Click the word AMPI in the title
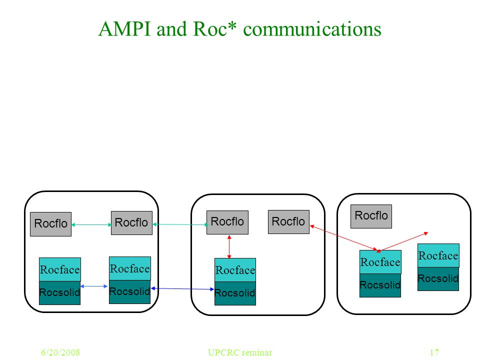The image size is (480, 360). point(125,29)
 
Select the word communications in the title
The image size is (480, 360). point(312,29)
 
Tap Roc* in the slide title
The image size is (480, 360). point(215,29)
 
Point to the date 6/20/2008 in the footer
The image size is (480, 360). point(60,352)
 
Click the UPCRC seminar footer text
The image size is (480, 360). point(239,352)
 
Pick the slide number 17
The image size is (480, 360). point(434,352)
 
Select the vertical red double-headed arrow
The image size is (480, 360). point(229,246)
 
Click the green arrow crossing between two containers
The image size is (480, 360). point(180,224)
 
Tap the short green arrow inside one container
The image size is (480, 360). point(91,224)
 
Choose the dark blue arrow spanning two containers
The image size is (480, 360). point(182,288)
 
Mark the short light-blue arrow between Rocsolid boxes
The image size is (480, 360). point(94,286)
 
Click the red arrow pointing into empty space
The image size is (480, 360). point(403,242)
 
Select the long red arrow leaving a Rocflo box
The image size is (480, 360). point(343,238)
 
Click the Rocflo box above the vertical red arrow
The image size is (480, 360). point(227,222)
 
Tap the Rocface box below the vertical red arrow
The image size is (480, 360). point(235,270)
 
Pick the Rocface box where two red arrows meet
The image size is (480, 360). point(380,262)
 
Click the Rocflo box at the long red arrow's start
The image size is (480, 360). point(288,222)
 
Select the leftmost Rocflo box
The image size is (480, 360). point(51,224)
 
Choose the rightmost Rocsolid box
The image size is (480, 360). point(438,279)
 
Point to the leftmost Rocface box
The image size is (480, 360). point(60,269)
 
